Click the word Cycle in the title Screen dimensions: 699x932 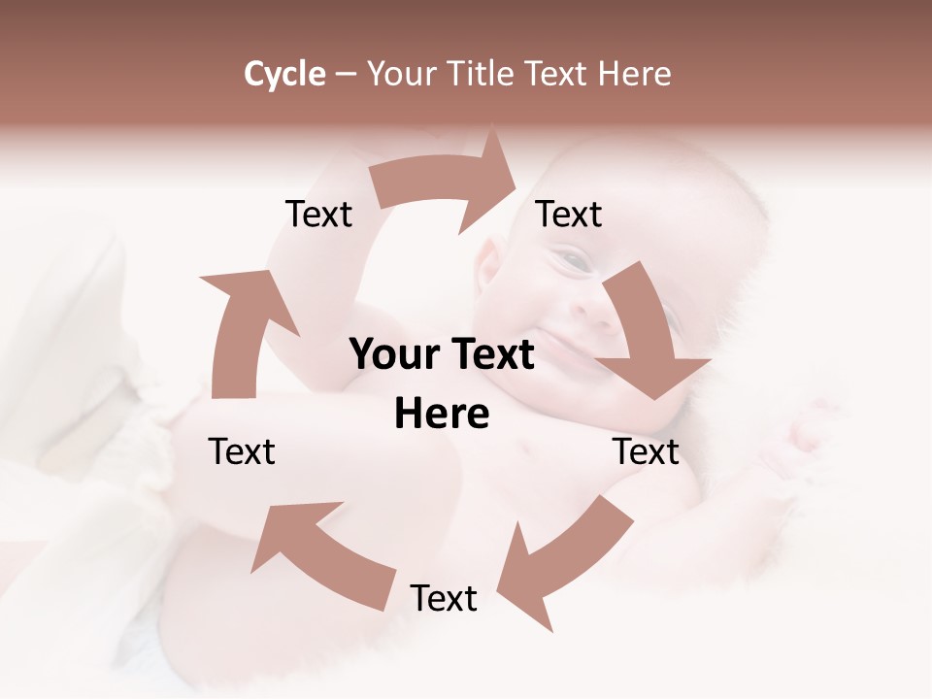(284, 74)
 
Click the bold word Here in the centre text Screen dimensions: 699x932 (442, 414)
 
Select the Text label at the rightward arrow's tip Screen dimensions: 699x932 (569, 214)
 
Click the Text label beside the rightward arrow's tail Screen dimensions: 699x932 (318, 214)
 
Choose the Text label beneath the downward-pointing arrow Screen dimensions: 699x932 (646, 451)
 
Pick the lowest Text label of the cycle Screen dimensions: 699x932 (443, 598)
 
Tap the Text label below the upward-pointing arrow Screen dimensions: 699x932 (242, 451)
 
